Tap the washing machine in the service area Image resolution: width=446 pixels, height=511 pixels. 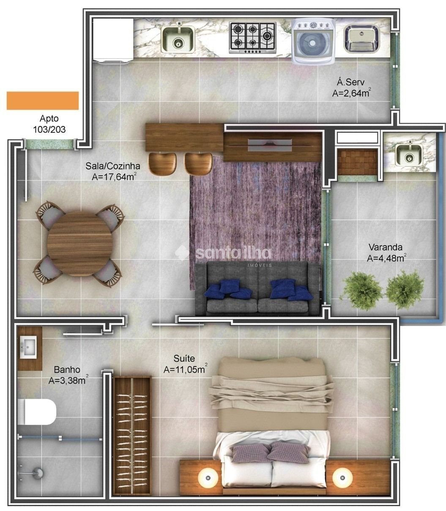pos(313,41)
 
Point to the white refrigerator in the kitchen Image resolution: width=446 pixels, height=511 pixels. pos(113,40)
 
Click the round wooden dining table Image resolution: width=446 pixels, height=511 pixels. pos(80,244)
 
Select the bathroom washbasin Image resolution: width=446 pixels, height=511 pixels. pos(28,347)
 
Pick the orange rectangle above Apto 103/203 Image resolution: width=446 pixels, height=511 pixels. pos(43,100)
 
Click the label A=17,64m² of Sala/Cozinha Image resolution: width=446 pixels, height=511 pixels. pos(114,177)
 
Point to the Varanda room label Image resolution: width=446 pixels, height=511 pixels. pos(386,247)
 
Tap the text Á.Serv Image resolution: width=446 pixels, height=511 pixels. pos(351,82)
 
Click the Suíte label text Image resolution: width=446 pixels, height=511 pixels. pos(184,359)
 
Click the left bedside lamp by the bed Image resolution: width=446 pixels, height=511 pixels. pos(208,478)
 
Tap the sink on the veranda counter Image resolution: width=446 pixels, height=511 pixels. pos(409,154)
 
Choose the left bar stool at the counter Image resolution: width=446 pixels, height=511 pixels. pos(162,163)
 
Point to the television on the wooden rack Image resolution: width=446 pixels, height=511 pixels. pos(270,145)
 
